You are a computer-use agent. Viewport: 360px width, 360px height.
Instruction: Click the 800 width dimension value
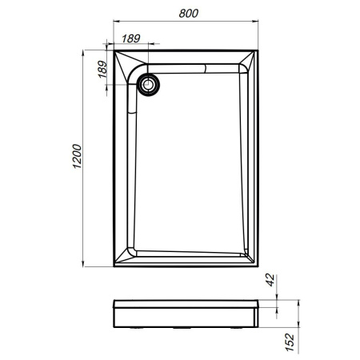[x=188, y=14]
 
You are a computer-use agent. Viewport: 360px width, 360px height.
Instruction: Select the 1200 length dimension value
[x=77, y=160]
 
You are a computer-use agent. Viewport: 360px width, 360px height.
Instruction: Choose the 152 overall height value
[x=290, y=342]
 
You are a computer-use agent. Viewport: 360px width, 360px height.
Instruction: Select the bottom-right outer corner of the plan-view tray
[x=261, y=268]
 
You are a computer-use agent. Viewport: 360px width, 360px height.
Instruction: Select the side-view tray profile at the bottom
[x=188, y=314]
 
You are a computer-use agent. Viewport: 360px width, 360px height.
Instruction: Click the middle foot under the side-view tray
[x=188, y=328]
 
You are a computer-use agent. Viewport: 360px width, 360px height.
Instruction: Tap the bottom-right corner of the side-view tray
[x=261, y=327]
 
